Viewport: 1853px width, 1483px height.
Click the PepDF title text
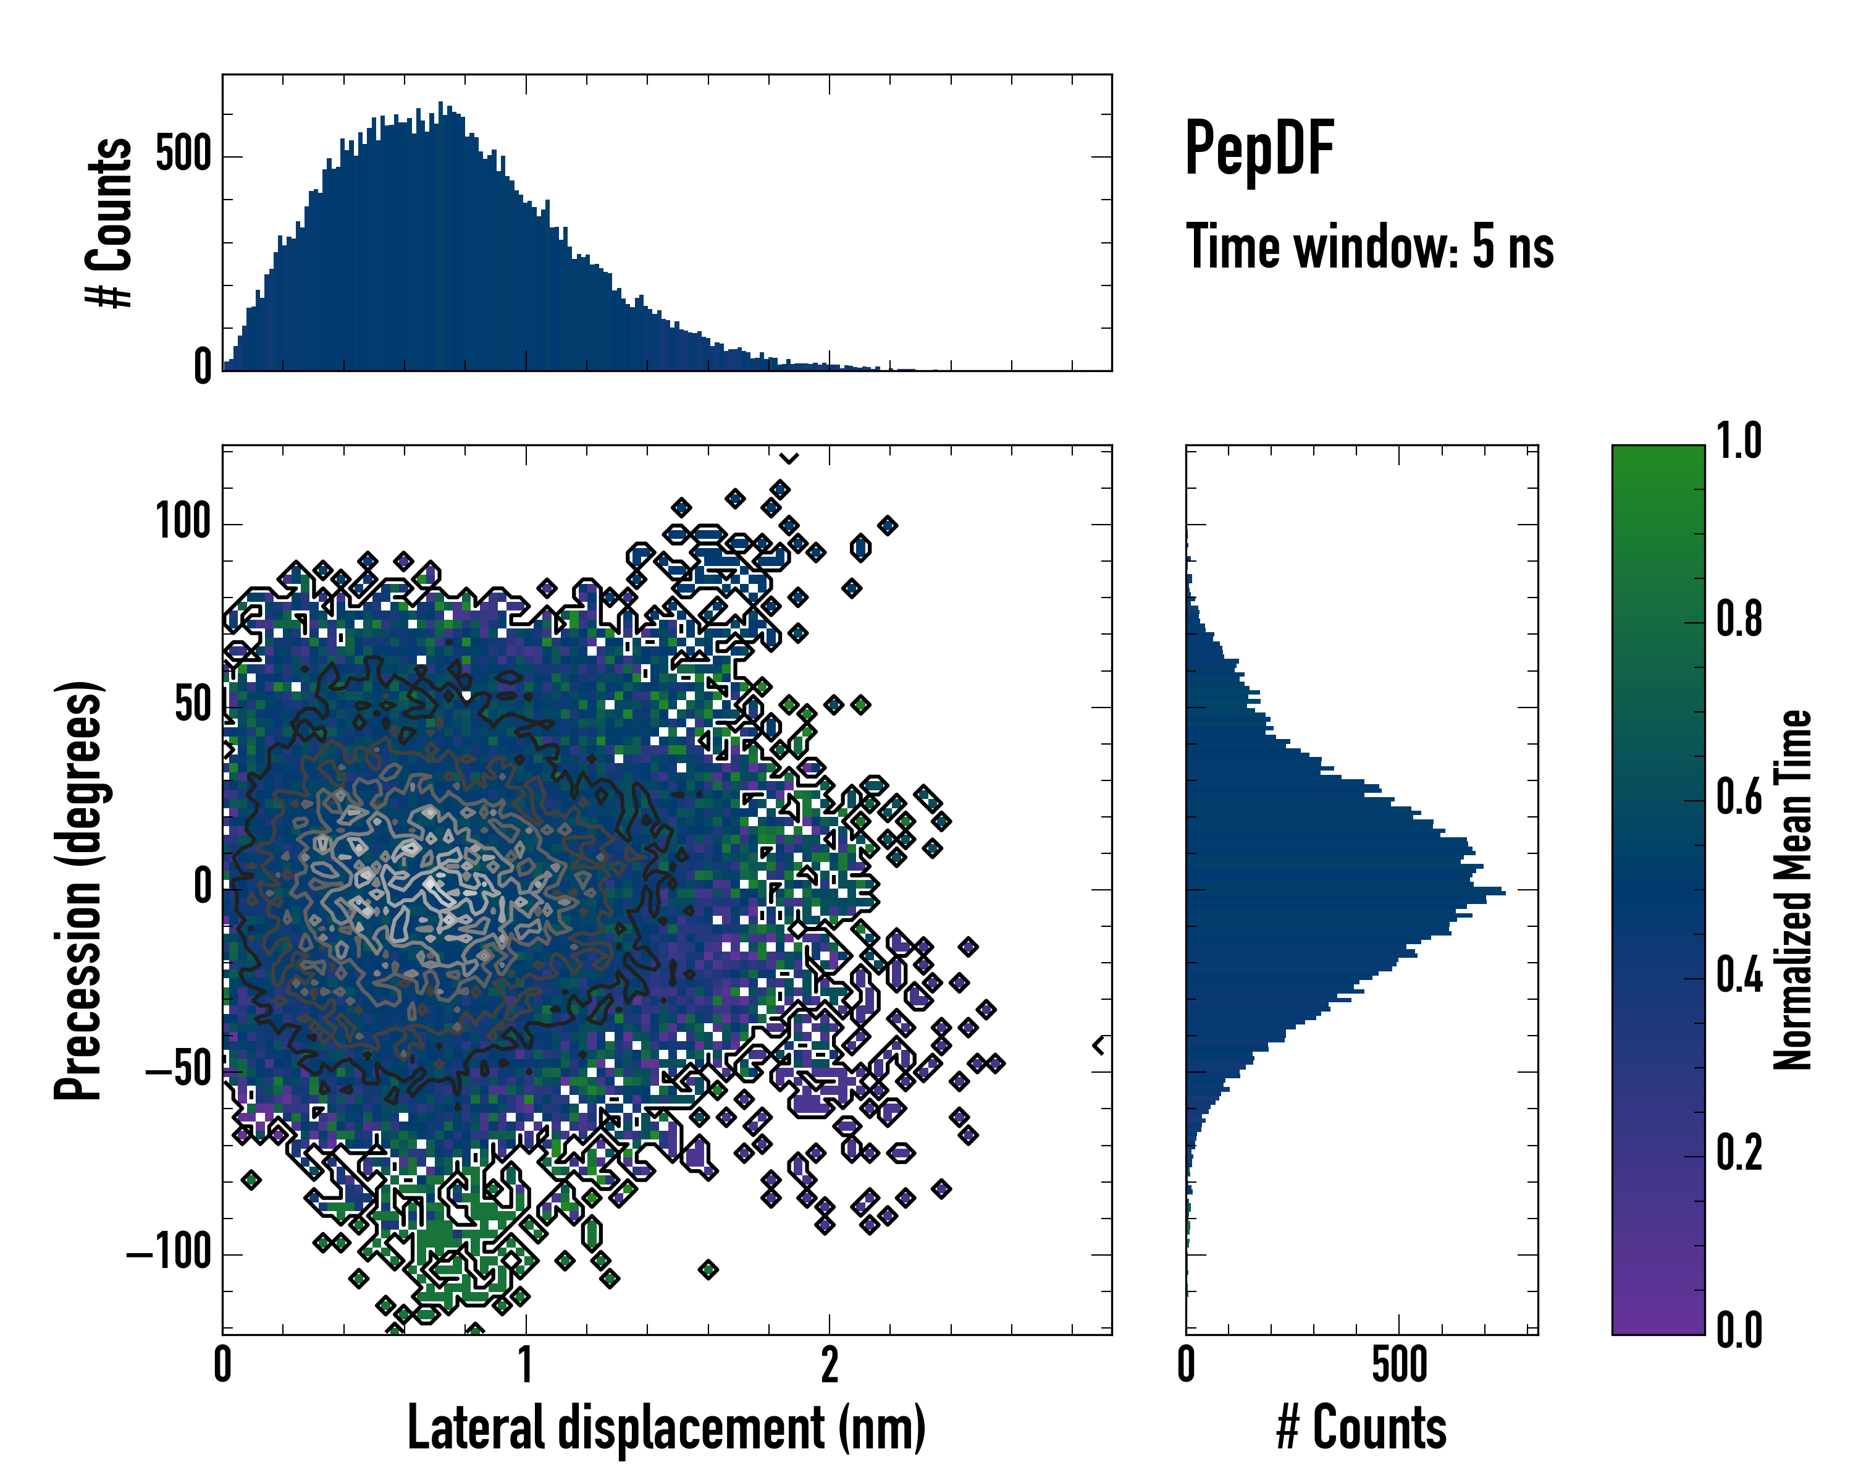point(1258,149)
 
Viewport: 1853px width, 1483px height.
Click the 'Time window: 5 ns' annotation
point(1369,247)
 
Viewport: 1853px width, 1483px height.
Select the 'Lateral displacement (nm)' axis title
point(666,1427)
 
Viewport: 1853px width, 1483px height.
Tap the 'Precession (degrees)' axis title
point(78,890)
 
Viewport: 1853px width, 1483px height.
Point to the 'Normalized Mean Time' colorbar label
point(1793,890)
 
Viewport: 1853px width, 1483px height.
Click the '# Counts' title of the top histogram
point(110,222)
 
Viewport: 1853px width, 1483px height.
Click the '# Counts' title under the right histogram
point(1361,1427)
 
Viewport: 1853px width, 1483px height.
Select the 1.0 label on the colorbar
point(1739,442)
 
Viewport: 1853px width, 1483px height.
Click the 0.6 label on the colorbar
point(1739,798)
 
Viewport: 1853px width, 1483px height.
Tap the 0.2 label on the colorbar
point(1739,1154)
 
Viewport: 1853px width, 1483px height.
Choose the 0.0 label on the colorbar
point(1739,1331)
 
